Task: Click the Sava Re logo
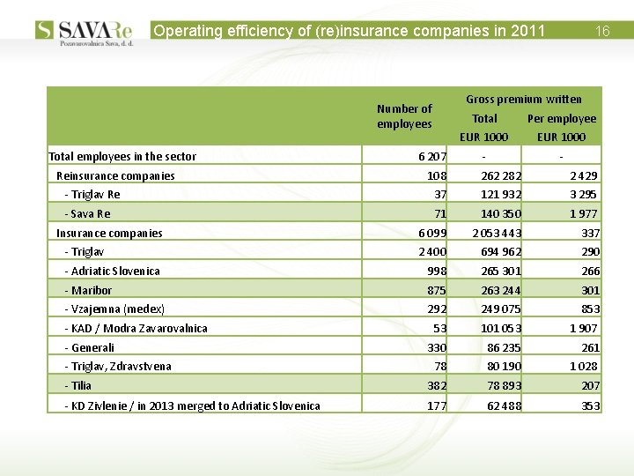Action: (85, 32)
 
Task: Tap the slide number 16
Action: (602, 31)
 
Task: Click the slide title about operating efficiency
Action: (350, 31)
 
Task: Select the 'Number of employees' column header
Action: (404, 116)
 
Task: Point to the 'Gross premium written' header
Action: (523, 99)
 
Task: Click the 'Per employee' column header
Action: (561, 118)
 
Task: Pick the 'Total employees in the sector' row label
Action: (122, 157)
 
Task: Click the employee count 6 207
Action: (431, 157)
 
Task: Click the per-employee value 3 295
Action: (583, 195)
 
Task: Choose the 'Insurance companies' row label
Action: (109, 234)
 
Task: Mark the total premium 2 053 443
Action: (497, 234)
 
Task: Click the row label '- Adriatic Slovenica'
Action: (113, 271)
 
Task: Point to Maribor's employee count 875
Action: (435, 291)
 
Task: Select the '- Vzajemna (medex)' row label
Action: (114, 309)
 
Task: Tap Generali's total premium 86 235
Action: (503, 348)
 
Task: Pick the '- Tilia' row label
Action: (78, 386)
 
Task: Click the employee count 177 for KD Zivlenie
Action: (435, 405)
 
